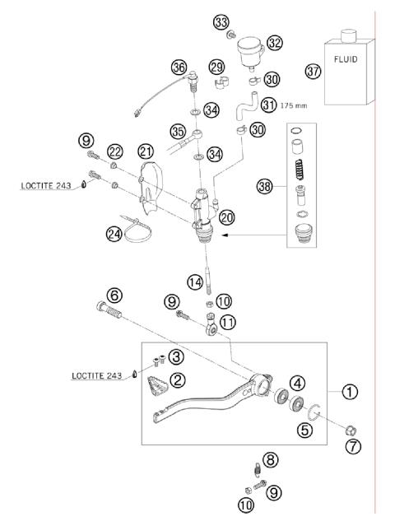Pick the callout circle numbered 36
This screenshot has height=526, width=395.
179,67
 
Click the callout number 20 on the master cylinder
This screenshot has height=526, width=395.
227,216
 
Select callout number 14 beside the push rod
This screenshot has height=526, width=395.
194,282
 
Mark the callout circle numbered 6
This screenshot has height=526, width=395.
114,295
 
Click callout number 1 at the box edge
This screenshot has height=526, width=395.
350,393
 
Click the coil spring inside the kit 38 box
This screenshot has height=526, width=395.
312,179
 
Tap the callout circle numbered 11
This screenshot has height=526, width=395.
226,323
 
